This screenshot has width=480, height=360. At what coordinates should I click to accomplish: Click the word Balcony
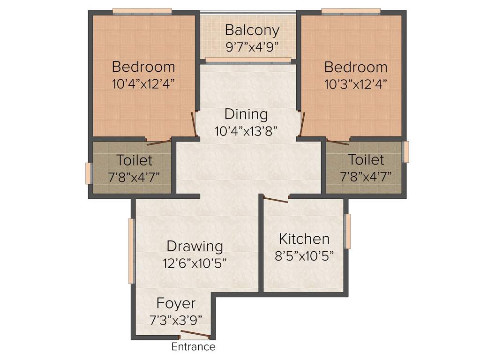tap(252, 30)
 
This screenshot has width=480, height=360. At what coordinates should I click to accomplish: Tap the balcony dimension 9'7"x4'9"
tap(252, 46)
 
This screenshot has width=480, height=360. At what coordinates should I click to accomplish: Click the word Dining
tap(246, 114)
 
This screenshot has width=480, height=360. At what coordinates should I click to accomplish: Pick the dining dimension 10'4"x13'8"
tap(246, 130)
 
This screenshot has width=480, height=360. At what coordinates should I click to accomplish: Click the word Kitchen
tap(304, 239)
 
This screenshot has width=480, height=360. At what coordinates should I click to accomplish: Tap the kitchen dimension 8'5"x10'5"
tap(304, 256)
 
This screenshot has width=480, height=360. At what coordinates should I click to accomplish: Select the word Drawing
tap(195, 246)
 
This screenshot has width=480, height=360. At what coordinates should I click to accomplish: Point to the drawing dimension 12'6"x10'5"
tap(195, 262)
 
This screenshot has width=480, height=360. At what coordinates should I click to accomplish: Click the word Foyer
tap(176, 303)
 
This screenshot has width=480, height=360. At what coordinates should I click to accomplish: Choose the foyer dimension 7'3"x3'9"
tap(176, 320)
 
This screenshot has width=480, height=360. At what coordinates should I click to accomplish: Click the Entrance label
tap(193, 347)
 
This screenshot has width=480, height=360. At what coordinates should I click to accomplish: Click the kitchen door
tap(276, 200)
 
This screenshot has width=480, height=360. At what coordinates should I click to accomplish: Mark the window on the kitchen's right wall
tap(347, 231)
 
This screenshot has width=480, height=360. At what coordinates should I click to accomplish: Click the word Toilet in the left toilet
tap(134, 160)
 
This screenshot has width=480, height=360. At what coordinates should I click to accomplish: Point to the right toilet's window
tap(406, 151)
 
